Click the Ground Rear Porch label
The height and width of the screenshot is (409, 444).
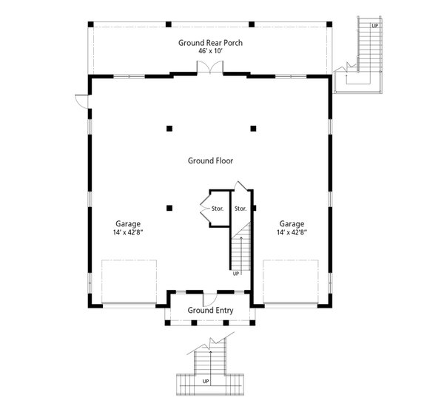(210, 43)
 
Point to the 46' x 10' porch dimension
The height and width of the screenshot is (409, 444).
(210, 52)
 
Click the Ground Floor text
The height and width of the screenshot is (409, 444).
(210, 160)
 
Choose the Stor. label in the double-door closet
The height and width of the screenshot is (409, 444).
(217, 209)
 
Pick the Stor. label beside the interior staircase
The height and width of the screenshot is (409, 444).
(240, 209)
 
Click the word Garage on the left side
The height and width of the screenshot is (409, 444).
(128, 223)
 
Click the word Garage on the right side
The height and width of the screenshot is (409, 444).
(292, 223)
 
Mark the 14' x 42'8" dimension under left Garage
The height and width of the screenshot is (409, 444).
(128, 232)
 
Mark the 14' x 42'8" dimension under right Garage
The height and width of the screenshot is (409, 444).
(292, 232)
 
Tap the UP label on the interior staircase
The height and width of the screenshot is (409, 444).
(236, 273)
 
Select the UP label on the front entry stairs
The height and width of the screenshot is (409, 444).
(206, 382)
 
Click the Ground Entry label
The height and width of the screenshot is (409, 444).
(210, 311)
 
